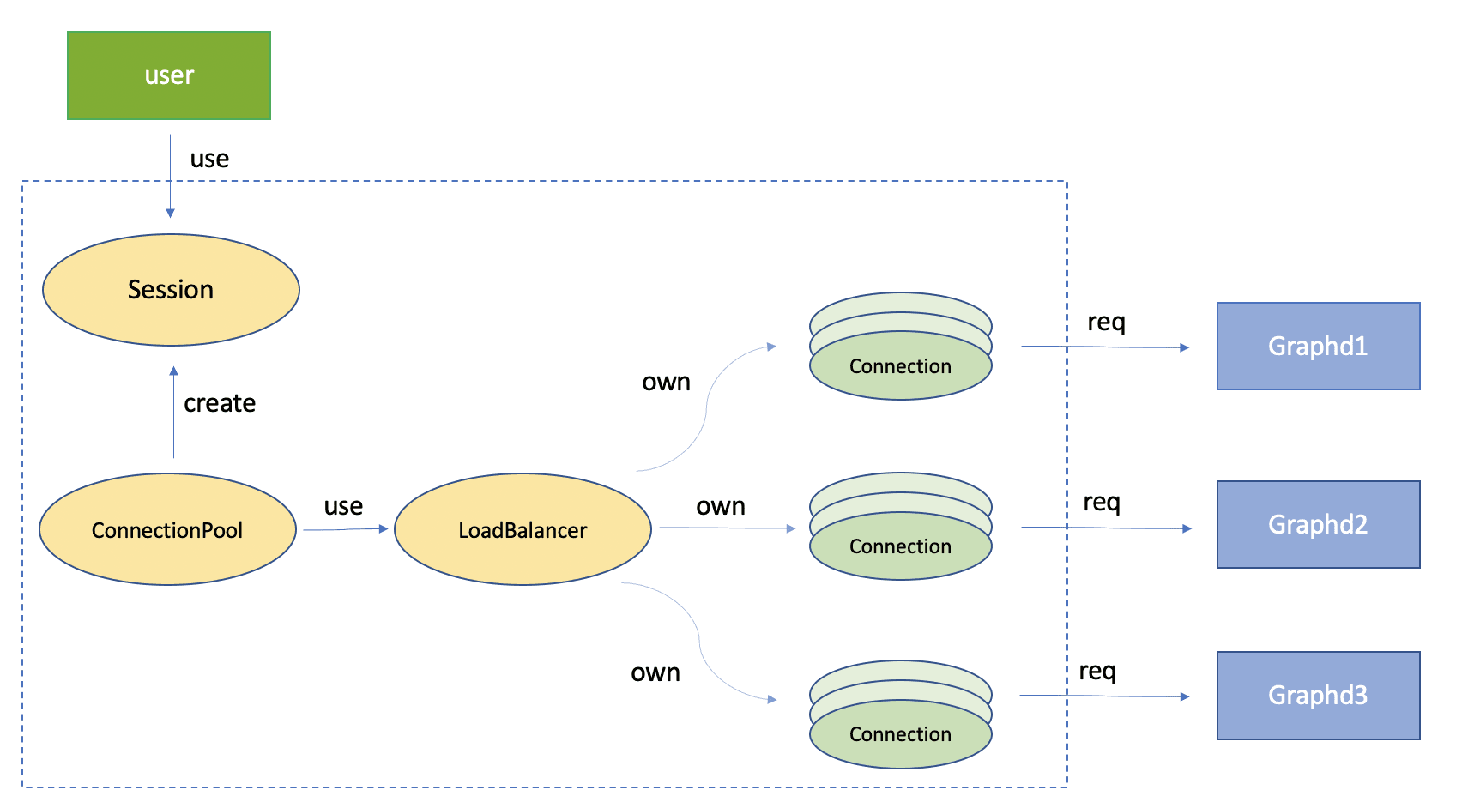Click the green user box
[169, 75]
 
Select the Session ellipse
[171, 290]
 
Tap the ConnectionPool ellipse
[167, 530]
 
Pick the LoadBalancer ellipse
[523, 530]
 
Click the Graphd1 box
[1318, 347]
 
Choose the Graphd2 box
[1318, 524]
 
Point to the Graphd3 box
[1318, 695]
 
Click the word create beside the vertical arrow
[220, 403]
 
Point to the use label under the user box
[209, 160]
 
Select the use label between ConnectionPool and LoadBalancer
[343, 507]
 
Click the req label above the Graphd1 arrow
[1106, 323]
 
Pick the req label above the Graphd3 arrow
[1097, 672]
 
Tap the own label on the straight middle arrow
[720, 507]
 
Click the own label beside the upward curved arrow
[666, 383]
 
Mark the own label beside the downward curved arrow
[655, 673]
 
